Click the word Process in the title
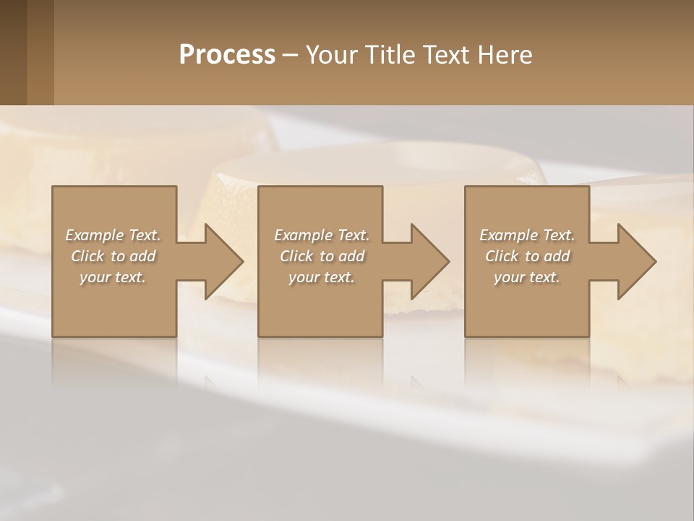point(227,55)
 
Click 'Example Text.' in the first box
point(113,235)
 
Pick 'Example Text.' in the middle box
point(322,235)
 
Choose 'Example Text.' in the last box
point(527,235)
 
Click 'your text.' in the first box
point(113,277)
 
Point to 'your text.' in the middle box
point(322,277)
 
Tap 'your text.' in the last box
point(527,277)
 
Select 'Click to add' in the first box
point(113,256)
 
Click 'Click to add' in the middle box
point(322,256)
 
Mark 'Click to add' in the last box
point(527,256)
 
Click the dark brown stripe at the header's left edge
point(13,52)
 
